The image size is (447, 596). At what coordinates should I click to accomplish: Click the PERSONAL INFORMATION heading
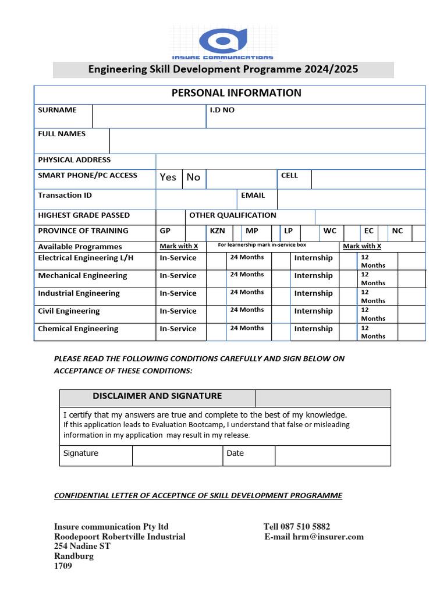236,93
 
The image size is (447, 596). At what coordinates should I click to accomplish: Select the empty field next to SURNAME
148,116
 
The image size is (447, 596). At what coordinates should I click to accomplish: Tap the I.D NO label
222,110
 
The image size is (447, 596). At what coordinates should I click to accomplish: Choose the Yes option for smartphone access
168,178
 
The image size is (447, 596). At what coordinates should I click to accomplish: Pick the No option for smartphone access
193,178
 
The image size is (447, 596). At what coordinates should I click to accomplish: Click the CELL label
289,175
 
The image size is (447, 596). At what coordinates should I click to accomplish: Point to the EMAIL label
253,196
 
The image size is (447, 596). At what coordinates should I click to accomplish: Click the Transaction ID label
65,196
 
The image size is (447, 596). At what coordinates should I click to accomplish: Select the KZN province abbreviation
217,231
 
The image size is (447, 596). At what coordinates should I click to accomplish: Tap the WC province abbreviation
329,231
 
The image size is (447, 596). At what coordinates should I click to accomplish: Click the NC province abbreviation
397,231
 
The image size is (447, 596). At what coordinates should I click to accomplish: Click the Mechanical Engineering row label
82,276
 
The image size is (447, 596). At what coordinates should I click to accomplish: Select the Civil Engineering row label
69,311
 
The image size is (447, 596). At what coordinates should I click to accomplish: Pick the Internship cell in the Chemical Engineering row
313,329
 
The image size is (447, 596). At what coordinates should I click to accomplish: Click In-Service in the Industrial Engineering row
178,293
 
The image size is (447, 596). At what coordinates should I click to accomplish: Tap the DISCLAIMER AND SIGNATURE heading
157,396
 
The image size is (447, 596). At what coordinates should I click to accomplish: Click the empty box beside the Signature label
177,456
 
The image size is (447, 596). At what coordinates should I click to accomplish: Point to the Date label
235,453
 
